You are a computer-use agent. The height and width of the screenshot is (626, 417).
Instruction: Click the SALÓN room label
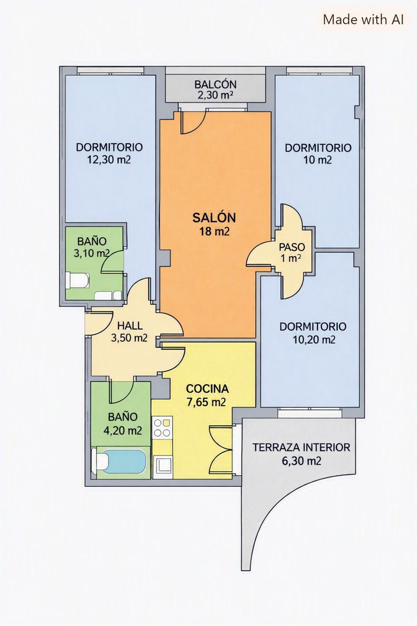214,218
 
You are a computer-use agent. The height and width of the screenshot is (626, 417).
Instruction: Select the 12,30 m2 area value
109,160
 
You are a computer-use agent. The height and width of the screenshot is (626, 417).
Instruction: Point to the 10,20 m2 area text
314,340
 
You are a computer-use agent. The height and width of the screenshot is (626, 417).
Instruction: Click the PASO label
292,247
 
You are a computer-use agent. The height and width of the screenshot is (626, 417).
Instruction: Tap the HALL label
130,326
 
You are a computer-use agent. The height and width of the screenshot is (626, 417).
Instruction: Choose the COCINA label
207,389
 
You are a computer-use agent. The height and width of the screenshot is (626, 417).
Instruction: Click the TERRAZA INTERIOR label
301,448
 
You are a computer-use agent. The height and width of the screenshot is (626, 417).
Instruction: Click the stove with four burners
162,428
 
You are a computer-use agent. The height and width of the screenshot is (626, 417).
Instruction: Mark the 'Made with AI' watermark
363,19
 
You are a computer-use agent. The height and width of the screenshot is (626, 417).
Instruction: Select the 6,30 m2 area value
301,461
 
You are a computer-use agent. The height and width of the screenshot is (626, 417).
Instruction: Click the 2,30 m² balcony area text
215,95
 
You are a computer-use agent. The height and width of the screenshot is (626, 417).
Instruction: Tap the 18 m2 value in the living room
214,231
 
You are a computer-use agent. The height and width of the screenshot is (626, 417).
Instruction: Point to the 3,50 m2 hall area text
129,338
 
